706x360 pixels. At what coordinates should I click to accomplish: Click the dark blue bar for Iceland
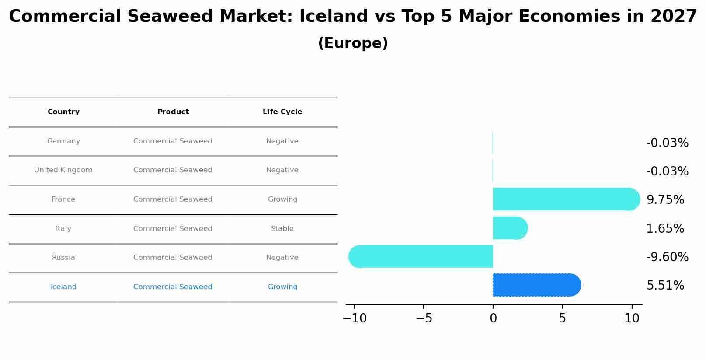[x=536, y=285]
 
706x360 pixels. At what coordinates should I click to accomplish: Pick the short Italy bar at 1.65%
[x=510, y=228]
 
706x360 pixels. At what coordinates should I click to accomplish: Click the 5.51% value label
[x=665, y=286]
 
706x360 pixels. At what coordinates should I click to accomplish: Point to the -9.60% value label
[x=667, y=257]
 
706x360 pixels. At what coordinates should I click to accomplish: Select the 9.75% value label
[x=665, y=200]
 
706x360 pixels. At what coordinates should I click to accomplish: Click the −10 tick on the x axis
[x=355, y=318]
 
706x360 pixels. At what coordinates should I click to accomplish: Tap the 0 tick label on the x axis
[x=493, y=318]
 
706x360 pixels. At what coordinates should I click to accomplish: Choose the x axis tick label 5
[x=562, y=318]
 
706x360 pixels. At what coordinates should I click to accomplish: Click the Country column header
[x=63, y=112]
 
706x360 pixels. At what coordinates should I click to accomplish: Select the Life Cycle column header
[x=282, y=112]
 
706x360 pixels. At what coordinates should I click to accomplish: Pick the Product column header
[x=173, y=112]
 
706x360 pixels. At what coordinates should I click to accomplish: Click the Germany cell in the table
[x=63, y=141]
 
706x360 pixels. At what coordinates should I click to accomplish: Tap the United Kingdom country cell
[x=63, y=170]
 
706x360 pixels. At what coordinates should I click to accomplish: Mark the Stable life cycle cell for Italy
[x=282, y=229]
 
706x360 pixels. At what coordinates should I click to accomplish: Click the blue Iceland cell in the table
[x=63, y=287]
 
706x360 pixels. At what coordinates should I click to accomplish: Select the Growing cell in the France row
[x=282, y=199]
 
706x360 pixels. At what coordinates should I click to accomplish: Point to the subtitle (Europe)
[x=353, y=43]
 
